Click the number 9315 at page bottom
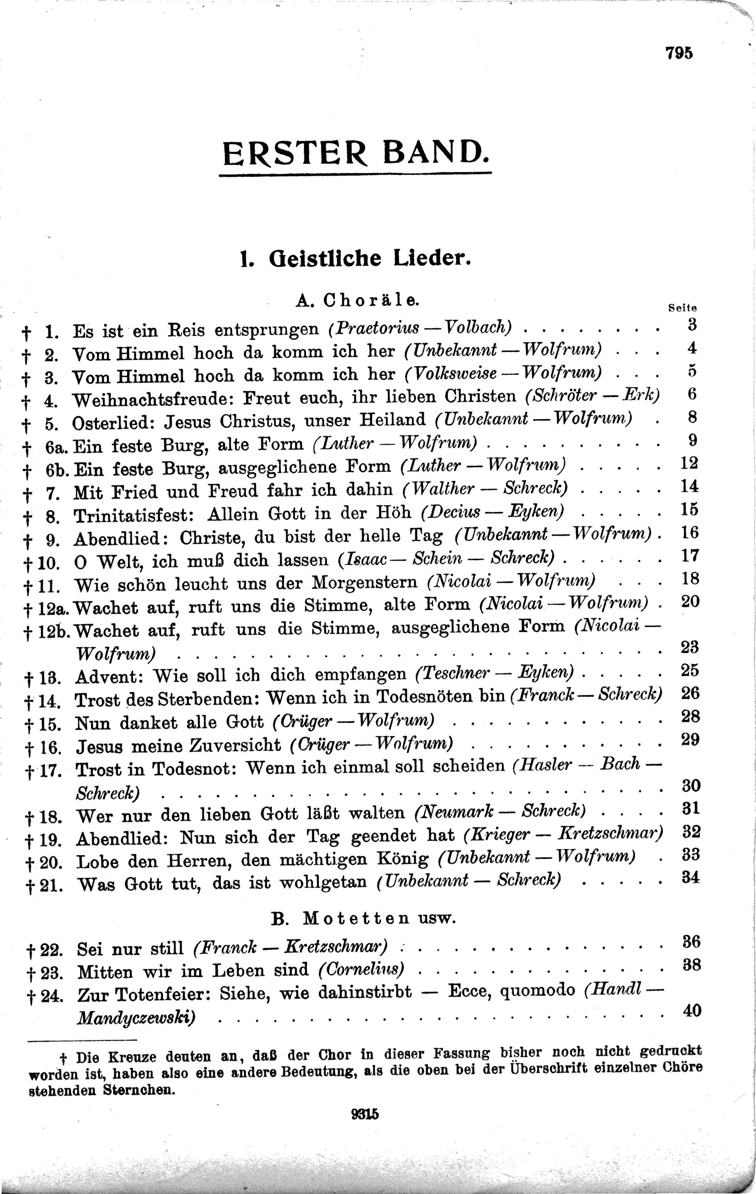365,1114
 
